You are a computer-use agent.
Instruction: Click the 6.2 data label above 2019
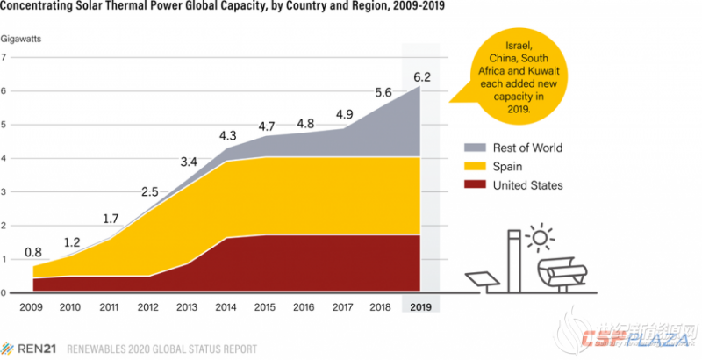[420, 76]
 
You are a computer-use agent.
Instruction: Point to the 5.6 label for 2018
[382, 92]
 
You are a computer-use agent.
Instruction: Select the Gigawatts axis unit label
[21, 39]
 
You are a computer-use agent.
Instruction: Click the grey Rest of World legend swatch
[474, 148]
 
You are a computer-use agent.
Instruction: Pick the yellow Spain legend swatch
[474, 166]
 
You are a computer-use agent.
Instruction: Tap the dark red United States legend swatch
[474, 184]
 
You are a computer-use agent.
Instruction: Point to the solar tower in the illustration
[514, 259]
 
